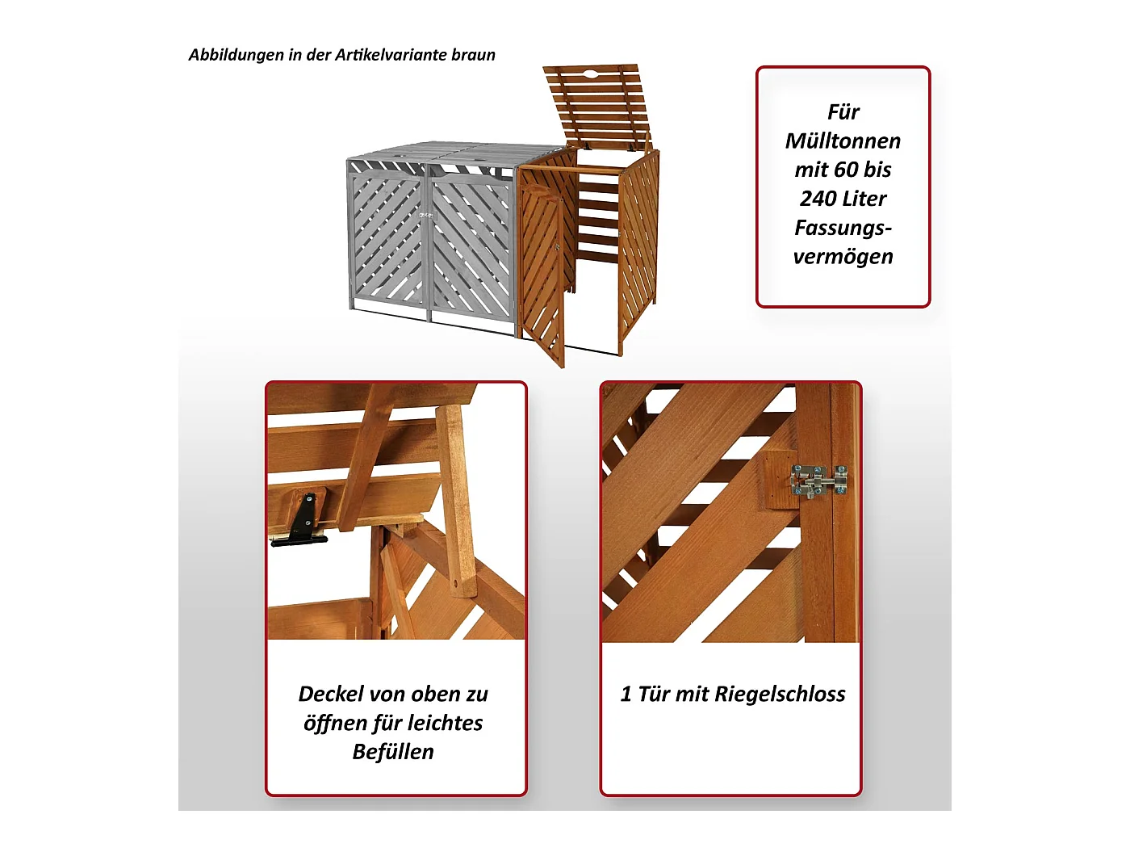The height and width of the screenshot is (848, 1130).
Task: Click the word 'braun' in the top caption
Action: (473, 55)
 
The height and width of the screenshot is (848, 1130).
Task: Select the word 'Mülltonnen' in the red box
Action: (843, 141)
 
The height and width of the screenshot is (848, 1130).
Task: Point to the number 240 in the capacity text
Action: (818, 199)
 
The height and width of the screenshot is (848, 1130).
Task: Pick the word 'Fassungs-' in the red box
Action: (843, 228)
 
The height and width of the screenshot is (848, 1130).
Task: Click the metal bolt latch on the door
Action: (818, 481)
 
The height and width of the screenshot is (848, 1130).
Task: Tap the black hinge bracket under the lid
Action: (303, 520)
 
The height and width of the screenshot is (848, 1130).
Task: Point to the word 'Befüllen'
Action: (393, 752)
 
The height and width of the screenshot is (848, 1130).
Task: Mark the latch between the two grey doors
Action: (427, 215)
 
